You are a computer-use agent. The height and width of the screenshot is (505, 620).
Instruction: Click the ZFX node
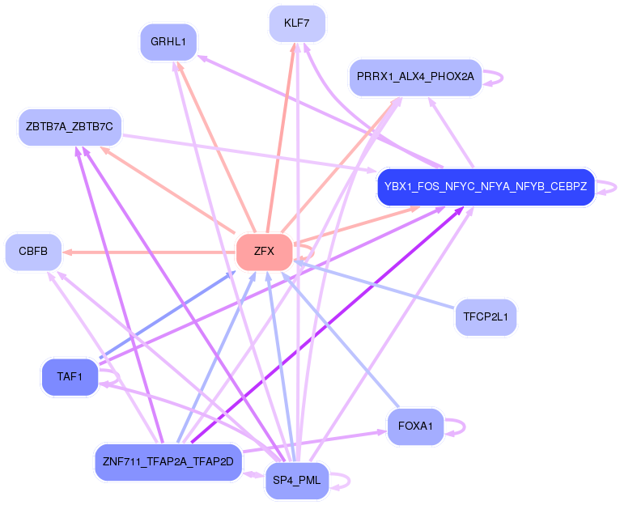pyautogui.click(x=264, y=252)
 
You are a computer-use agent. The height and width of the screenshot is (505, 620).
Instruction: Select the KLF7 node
pyautogui.click(x=297, y=23)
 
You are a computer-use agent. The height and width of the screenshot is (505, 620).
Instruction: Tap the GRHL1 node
pyautogui.click(x=168, y=42)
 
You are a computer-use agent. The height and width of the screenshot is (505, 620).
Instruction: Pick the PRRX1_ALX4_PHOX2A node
pyautogui.click(x=415, y=77)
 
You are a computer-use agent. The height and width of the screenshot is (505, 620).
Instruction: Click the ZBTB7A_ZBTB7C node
pyautogui.click(x=70, y=127)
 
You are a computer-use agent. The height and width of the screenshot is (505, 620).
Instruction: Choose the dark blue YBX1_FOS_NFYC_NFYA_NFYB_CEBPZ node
pyautogui.click(x=486, y=187)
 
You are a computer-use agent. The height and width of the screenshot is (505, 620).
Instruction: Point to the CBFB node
pyautogui.click(x=33, y=252)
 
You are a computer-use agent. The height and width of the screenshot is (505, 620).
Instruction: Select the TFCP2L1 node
pyautogui.click(x=486, y=316)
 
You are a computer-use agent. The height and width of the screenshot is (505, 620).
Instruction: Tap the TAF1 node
pyautogui.click(x=70, y=377)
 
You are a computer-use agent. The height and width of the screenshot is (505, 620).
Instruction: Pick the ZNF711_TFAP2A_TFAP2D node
pyautogui.click(x=168, y=462)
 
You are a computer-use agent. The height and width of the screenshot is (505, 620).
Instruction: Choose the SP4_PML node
pyautogui.click(x=297, y=481)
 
